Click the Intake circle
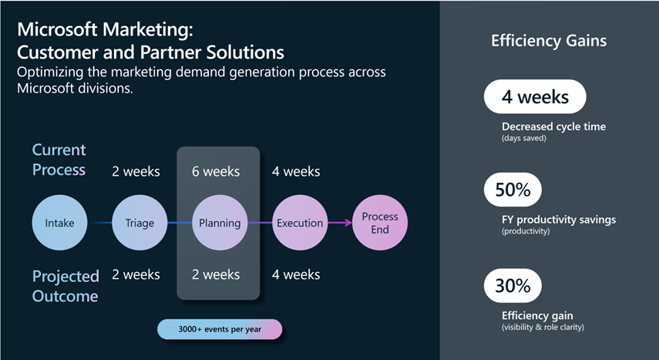point(59,224)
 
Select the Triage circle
point(140,224)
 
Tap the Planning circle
point(220,224)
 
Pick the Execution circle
point(300,224)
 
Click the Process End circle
point(379,224)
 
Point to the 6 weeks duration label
point(216,171)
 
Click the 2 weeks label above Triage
point(136,171)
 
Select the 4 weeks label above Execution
point(296,171)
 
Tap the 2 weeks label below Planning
point(216,274)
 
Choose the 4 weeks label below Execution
point(296,274)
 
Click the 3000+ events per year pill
point(220,330)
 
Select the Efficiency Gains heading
point(549,41)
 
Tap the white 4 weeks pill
point(535,98)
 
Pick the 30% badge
point(513,286)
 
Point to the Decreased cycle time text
point(553,126)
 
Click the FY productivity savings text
point(559,220)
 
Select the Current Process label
point(59,159)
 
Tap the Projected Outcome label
point(66,285)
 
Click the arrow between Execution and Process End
point(338,224)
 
